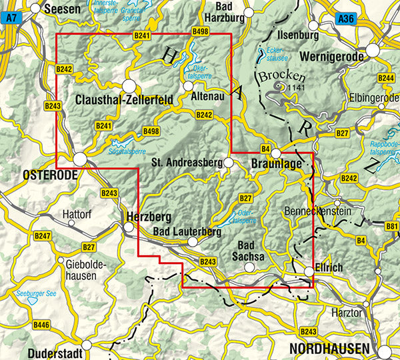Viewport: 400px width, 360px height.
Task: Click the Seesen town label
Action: pos(61,9)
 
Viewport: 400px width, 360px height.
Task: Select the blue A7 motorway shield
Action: pos(8,21)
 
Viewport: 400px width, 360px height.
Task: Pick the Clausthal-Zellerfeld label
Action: pos(124,100)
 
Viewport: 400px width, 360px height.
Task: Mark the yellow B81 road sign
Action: pos(392,228)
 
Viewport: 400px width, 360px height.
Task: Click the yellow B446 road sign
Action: pos(41,325)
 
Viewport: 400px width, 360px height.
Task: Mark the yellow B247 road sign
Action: pos(43,236)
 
